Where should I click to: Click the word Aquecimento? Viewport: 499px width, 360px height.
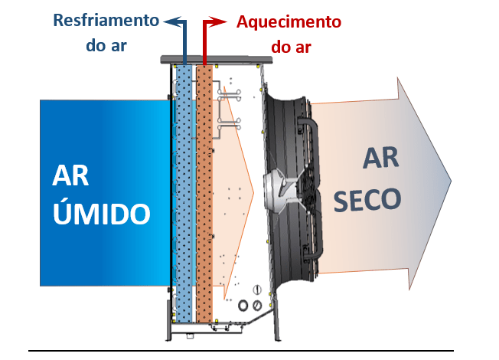290,21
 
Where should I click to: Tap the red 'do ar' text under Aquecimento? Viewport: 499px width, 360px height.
291,47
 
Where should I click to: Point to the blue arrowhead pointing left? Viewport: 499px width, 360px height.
170,21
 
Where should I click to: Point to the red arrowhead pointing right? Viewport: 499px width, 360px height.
223,22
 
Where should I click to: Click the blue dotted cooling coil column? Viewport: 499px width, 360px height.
184,191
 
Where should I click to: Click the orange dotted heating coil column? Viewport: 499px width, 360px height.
204,191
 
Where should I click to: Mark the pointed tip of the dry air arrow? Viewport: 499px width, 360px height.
449,180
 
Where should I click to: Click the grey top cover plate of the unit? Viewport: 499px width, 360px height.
214,59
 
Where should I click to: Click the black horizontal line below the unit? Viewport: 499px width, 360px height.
245,350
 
